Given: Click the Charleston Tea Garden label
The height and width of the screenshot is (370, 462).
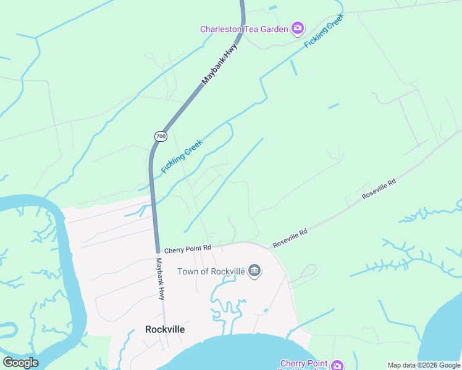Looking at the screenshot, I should [244, 29].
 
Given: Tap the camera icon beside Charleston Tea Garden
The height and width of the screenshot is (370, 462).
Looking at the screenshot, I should [298, 28].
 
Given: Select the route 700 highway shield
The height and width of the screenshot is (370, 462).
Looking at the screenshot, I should [161, 136].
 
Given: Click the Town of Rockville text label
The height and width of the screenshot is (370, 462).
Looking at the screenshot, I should [211, 271].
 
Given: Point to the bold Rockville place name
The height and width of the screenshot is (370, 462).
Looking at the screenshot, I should [165, 329].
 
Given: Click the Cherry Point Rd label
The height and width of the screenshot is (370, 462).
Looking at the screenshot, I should [188, 248].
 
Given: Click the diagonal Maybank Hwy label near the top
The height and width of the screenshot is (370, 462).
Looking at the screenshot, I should [219, 64].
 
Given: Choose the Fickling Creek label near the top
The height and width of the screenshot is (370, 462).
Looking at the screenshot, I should [324, 31].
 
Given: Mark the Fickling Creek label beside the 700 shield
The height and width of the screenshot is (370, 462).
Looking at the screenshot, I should [182, 156].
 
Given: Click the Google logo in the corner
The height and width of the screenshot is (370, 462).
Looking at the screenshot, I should [20, 363].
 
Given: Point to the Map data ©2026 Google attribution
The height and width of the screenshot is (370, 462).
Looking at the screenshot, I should [424, 365].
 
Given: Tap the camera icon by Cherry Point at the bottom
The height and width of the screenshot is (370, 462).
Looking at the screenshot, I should [337, 365].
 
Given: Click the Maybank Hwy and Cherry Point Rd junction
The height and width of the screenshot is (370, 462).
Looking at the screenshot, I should [157, 250].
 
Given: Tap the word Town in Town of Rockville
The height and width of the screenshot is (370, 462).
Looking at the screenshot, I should [188, 271].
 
